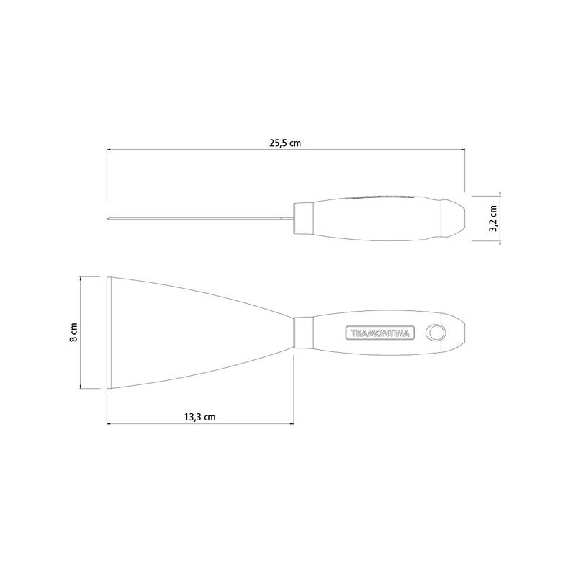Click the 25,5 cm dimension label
(x=284, y=143)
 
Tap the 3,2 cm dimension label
(x=493, y=218)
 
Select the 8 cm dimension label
(x=73, y=333)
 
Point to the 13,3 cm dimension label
(x=200, y=417)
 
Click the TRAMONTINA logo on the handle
(x=380, y=333)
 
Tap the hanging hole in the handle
(x=436, y=333)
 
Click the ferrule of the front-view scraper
(x=303, y=333)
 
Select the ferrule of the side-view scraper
(x=303, y=218)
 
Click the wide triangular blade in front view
(x=191, y=333)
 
